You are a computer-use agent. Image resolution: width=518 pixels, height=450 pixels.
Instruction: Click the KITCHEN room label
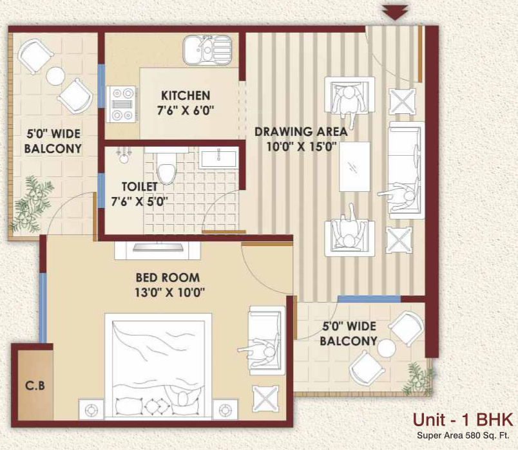186,95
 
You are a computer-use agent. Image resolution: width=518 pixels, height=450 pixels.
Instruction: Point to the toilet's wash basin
218,157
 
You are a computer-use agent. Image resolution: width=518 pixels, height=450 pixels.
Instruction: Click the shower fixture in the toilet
122,155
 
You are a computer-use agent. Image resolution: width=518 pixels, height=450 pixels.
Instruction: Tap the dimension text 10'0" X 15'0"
300,146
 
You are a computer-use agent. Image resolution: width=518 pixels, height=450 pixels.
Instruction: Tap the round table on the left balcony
55,76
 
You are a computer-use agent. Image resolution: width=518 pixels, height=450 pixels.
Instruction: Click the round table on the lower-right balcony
387,348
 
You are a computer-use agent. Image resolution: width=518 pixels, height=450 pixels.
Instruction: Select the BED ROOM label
168,277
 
